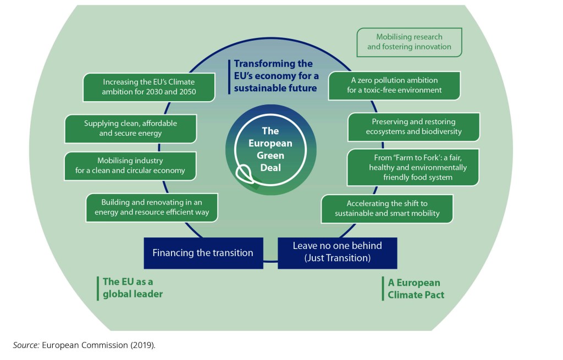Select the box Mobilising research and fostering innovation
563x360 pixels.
(409, 42)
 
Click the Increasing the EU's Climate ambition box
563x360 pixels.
(148, 87)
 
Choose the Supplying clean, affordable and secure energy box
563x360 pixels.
(131, 128)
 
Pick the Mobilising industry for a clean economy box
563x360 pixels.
(130, 165)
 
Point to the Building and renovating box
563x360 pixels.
(152, 207)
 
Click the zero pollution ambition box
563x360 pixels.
(394, 85)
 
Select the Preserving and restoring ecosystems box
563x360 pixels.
(413, 126)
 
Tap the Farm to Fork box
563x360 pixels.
(413, 167)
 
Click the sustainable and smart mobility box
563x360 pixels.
(387, 208)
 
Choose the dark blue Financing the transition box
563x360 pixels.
(203, 253)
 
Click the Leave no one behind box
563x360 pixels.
(337, 252)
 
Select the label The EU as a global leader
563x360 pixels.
(133, 288)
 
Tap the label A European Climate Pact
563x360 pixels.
(416, 289)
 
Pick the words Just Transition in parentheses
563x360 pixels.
(337, 258)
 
